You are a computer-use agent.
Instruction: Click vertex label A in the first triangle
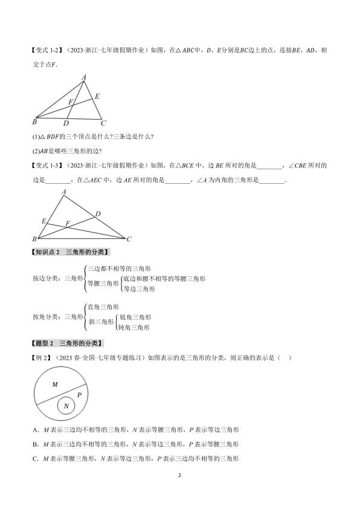tap(84, 77)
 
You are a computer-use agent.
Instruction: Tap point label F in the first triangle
tap(71, 102)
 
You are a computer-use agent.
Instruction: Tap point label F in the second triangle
tap(68, 223)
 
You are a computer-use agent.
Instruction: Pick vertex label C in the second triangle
tap(129, 239)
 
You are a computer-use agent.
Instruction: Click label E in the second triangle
tap(43, 221)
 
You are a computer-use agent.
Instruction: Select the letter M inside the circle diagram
tap(54, 384)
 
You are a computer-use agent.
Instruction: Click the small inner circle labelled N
tap(66, 406)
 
